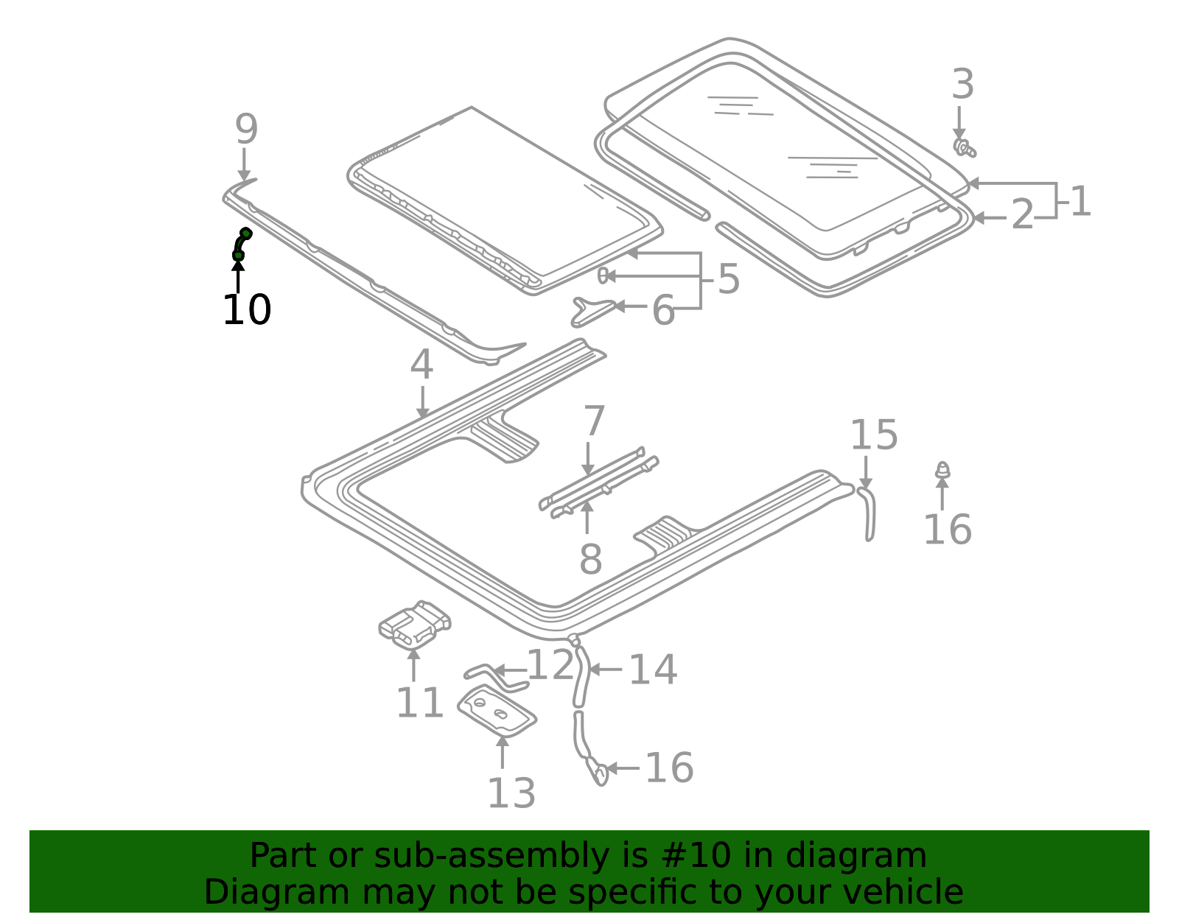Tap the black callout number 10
pos(247,309)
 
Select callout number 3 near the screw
pos(963,85)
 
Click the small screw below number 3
pos(964,147)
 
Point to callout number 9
pos(246,129)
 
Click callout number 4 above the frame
pos(421,365)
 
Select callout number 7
pos(594,421)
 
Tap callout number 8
pos(590,559)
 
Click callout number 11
pos(420,703)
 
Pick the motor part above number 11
pos(415,625)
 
